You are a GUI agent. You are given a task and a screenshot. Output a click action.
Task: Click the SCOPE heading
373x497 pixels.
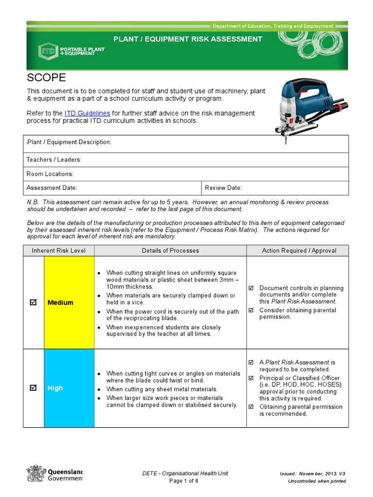pyautogui.click(x=46, y=78)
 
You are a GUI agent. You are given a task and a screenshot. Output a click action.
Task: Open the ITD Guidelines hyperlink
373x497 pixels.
pyautogui.click(x=87, y=113)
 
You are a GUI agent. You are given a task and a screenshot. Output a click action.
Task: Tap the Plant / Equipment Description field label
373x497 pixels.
pyautogui.click(x=69, y=142)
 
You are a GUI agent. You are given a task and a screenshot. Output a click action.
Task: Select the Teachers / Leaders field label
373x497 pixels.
pyautogui.click(x=54, y=160)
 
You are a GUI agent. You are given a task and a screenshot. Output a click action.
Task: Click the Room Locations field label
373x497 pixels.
pyautogui.click(x=50, y=174)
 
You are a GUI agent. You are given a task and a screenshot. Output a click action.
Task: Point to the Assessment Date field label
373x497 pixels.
pyautogui.click(x=52, y=188)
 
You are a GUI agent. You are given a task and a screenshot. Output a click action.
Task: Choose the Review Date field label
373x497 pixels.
pyautogui.click(x=223, y=188)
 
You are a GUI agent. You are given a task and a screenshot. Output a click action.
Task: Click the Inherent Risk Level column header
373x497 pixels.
pyautogui.click(x=59, y=250)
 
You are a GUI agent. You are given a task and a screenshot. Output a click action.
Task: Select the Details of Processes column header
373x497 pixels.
pyautogui.click(x=170, y=250)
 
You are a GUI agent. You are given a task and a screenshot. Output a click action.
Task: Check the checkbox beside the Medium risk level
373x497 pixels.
pyautogui.click(x=33, y=302)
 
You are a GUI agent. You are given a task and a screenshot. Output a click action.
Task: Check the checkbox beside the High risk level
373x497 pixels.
pyautogui.click(x=33, y=388)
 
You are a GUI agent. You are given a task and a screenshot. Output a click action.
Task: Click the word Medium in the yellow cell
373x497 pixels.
pyautogui.click(x=60, y=302)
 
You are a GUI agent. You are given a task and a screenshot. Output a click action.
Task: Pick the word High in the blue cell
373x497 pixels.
pyautogui.click(x=55, y=388)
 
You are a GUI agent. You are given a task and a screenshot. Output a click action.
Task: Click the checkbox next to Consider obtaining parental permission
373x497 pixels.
pyautogui.click(x=251, y=310)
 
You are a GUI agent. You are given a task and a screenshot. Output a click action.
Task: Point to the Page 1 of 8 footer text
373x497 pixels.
pyautogui.click(x=184, y=481)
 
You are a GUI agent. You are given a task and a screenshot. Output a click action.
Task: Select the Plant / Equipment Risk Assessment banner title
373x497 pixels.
pyautogui.click(x=188, y=39)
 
